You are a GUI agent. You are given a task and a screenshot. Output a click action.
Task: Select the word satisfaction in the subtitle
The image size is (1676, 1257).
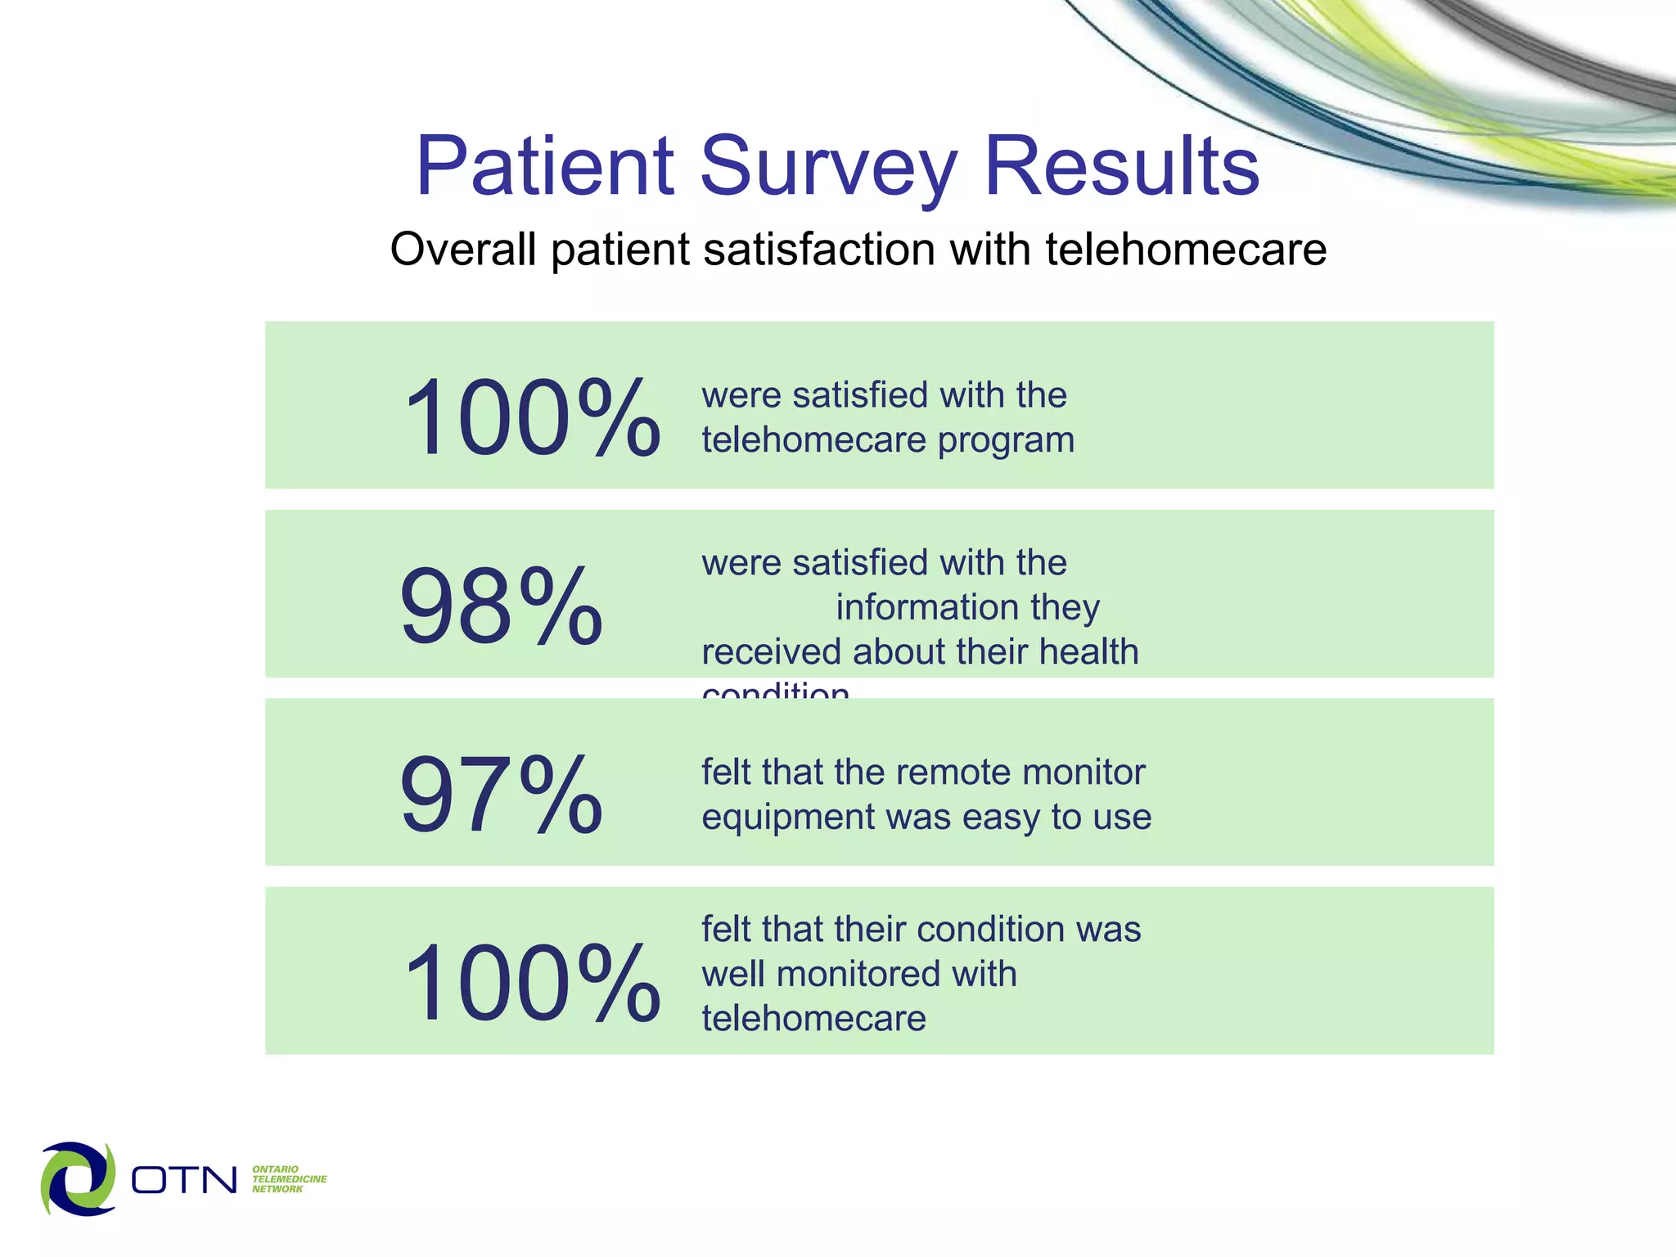[819, 249]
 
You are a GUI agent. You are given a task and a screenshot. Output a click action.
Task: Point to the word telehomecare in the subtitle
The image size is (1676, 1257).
[1186, 249]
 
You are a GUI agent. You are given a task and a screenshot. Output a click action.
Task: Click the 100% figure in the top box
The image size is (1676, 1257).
[532, 417]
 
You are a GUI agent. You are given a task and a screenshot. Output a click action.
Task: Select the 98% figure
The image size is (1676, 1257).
[501, 606]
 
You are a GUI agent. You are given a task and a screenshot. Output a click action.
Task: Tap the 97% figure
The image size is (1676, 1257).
[501, 795]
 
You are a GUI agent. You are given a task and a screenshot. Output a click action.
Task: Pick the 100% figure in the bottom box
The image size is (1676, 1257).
[532, 983]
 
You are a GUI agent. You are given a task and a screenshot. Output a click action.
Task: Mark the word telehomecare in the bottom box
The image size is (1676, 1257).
[813, 1019]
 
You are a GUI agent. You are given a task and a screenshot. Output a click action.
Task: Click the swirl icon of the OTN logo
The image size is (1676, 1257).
[79, 1178]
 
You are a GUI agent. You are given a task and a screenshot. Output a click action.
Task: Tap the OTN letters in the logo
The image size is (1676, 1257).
[184, 1180]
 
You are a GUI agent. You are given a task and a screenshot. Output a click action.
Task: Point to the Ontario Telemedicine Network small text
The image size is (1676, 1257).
[288, 1179]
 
